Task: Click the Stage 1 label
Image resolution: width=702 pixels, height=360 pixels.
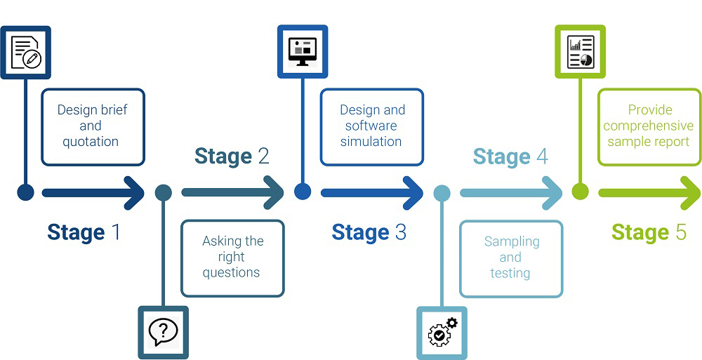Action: click(x=84, y=232)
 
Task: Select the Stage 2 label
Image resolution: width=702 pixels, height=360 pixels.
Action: click(x=232, y=156)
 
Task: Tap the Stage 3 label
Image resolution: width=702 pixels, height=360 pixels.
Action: click(x=369, y=232)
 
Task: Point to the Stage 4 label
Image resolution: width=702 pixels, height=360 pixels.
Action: click(x=510, y=156)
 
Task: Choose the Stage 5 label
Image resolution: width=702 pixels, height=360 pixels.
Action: click(x=649, y=232)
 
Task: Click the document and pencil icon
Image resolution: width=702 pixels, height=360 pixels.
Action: click(x=26, y=53)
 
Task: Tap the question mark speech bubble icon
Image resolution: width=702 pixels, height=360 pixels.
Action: click(x=163, y=332)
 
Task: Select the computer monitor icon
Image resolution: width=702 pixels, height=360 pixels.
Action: click(x=303, y=51)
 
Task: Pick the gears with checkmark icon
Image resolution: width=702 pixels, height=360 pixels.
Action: click(x=442, y=332)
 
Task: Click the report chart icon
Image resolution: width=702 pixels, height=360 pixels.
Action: click(x=581, y=52)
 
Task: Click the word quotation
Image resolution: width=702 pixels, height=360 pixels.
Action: click(x=91, y=142)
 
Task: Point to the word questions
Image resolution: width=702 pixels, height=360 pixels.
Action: click(x=231, y=272)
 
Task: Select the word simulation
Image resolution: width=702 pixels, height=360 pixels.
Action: click(x=371, y=142)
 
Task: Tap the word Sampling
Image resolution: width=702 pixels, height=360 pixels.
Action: click(x=512, y=242)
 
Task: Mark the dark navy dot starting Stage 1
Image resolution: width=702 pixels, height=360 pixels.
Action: click(x=25, y=192)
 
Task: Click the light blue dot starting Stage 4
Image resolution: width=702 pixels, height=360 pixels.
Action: click(x=442, y=192)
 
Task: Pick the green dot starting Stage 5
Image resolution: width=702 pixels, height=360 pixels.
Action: click(x=581, y=192)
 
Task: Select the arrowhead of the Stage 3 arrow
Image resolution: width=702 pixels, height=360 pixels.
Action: click(x=413, y=193)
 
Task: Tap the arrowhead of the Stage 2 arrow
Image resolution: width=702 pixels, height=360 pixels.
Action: click(x=273, y=193)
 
